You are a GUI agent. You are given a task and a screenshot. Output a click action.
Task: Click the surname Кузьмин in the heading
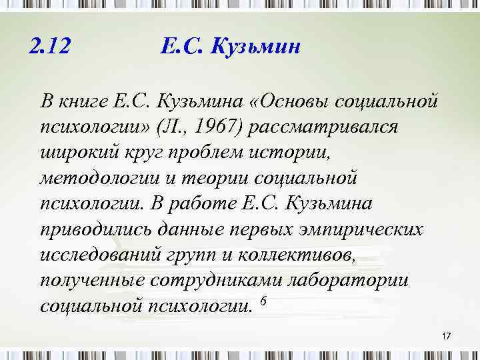tap(257, 48)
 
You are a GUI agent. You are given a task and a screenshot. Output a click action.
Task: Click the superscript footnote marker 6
tap(262, 301)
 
